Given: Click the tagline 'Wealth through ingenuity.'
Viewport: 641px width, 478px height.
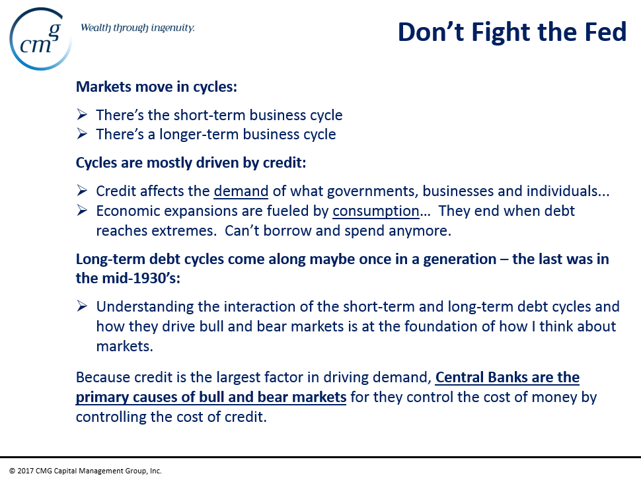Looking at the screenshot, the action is [x=137, y=28].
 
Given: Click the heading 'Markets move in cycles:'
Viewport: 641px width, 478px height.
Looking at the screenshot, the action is [x=157, y=87].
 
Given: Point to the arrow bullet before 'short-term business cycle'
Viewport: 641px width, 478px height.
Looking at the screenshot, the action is [x=82, y=114].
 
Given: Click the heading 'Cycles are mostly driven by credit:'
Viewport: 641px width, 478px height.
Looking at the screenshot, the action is [x=191, y=162].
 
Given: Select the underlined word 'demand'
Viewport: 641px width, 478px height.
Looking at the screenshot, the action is [x=241, y=191].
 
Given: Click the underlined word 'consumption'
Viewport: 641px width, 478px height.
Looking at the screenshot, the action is [x=376, y=211].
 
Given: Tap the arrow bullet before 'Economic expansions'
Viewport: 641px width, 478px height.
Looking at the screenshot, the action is [x=82, y=211].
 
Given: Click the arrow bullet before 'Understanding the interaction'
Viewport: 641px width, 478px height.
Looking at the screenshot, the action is [x=82, y=306].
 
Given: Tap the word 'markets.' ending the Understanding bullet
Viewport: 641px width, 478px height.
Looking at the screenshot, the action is [x=125, y=347].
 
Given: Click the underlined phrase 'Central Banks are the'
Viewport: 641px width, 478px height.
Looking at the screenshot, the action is [x=508, y=377].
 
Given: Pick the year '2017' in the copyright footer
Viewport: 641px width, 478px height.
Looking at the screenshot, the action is [x=25, y=471].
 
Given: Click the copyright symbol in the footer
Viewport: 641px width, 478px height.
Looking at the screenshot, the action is [x=12, y=471].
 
